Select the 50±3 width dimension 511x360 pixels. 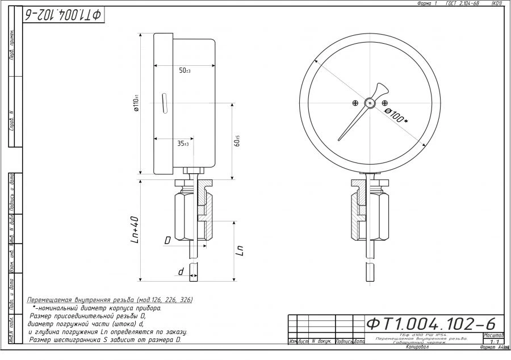tap(185, 71)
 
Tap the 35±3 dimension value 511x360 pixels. tap(182, 144)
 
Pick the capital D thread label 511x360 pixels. tap(167, 241)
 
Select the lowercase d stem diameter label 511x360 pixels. tap(181, 272)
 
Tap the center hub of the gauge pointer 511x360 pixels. tap(370, 103)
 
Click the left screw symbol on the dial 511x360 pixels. tap(355, 103)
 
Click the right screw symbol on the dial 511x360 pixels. tap(385, 103)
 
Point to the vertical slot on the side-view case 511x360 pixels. tap(164, 103)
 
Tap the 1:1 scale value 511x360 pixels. tap(493, 341)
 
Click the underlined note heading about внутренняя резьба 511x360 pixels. tap(110, 299)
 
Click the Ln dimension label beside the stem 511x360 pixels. tap(241, 250)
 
